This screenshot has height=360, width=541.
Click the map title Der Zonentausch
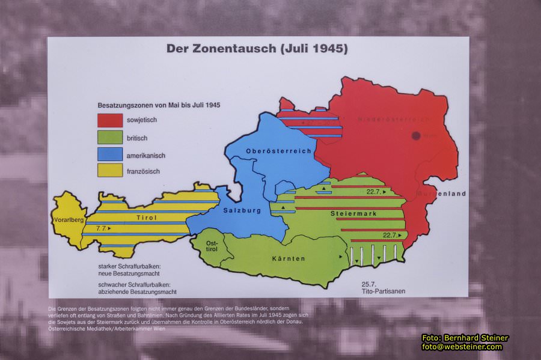click(x=257, y=49)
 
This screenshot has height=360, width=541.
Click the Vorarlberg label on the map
click(x=68, y=219)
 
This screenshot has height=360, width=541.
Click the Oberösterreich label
click(x=278, y=151)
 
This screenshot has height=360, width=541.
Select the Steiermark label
click(x=353, y=213)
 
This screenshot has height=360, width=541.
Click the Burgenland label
click(x=444, y=194)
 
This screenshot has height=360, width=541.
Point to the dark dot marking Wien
click(x=416, y=136)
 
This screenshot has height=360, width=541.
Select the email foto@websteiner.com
click(x=462, y=347)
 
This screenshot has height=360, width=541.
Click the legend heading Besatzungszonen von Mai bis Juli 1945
click(x=159, y=105)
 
